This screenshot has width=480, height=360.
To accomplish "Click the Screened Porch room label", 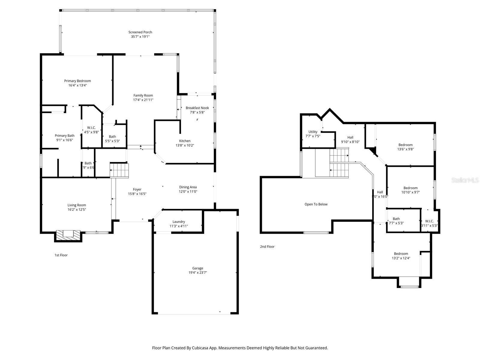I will [140, 32].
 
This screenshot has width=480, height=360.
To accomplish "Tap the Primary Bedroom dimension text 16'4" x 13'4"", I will [77, 85].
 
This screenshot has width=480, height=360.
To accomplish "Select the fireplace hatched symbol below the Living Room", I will [68, 235].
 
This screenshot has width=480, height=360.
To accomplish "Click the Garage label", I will [198, 268].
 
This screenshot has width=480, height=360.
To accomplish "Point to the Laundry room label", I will [179, 222].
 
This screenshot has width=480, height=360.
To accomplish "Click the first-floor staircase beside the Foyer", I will [119, 170].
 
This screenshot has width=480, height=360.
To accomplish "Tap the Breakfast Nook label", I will [197, 108].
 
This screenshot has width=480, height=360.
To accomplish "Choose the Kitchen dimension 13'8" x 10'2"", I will [185, 145].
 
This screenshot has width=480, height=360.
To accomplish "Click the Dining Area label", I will [188, 187].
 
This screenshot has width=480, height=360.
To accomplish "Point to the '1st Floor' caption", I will [61, 255].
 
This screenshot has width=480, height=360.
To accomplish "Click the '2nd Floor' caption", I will [267, 247].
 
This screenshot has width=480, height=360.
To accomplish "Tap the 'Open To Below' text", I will [316, 204].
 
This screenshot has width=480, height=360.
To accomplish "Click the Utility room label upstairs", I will [313, 132].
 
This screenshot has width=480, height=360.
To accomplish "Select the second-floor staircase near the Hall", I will [339, 163].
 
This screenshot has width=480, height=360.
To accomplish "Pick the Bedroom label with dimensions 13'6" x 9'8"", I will [405, 145].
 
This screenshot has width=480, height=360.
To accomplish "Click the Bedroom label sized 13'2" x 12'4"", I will [401, 254].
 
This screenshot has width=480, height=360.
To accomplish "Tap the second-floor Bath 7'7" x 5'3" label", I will [396, 219].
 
